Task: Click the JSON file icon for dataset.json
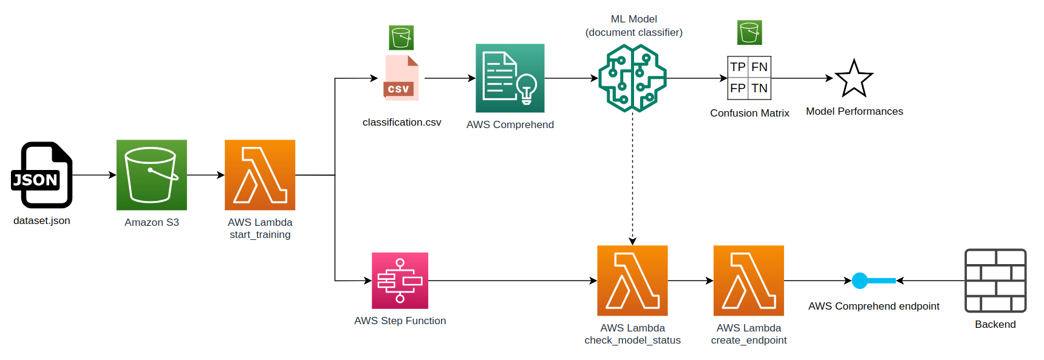[x=42, y=175]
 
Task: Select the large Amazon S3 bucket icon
[x=152, y=175]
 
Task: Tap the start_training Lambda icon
[x=260, y=175]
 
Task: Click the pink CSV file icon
[x=401, y=78]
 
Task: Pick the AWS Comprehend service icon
[x=510, y=78]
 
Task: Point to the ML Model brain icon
[x=632, y=78]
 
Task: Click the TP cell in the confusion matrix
[x=738, y=67]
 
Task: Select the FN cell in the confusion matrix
[x=760, y=67]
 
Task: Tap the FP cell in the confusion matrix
[x=738, y=89]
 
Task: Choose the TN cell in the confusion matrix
[x=760, y=89]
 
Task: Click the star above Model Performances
[x=854, y=79]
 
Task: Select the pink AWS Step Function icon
[x=400, y=280]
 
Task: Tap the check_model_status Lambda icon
[x=632, y=280]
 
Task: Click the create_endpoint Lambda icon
[x=749, y=280]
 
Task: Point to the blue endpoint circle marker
[x=860, y=280]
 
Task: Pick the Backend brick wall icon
[x=995, y=280]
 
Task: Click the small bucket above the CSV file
[x=401, y=38]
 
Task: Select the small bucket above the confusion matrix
[x=749, y=32]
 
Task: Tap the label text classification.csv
[x=402, y=123]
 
